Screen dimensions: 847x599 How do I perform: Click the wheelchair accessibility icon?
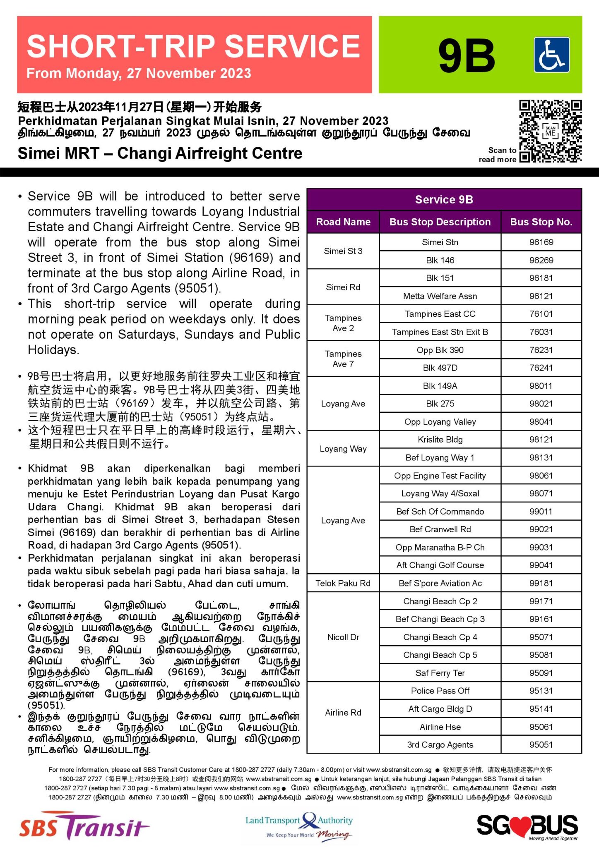coord(551,55)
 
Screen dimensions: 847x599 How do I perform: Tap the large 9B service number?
coord(467,56)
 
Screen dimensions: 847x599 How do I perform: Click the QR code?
coord(551,131)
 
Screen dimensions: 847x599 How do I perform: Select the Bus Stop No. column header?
coord(541,222)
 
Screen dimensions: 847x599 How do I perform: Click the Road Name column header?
coord(343,222)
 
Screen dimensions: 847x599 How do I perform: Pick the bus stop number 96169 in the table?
coord(541,242)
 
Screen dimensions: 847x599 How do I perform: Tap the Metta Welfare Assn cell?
coord(440,296)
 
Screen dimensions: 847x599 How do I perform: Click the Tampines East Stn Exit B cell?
coord(440,332)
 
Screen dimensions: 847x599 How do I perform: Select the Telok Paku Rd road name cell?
coord(343,583)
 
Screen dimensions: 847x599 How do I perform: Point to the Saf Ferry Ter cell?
coord(440,673)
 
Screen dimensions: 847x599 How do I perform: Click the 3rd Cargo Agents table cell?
coord(440,745)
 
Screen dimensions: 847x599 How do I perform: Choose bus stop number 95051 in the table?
coord(541,745)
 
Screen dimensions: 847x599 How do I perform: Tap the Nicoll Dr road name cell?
coord(343,637)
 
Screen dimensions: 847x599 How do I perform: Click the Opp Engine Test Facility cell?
coord(440,476)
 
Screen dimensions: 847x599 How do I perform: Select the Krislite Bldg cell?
coord(440,440)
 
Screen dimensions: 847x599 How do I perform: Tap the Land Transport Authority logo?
coord(299,825)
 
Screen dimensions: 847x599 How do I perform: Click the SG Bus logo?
coord(527,826)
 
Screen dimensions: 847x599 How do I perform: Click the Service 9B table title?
coord(444,200)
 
